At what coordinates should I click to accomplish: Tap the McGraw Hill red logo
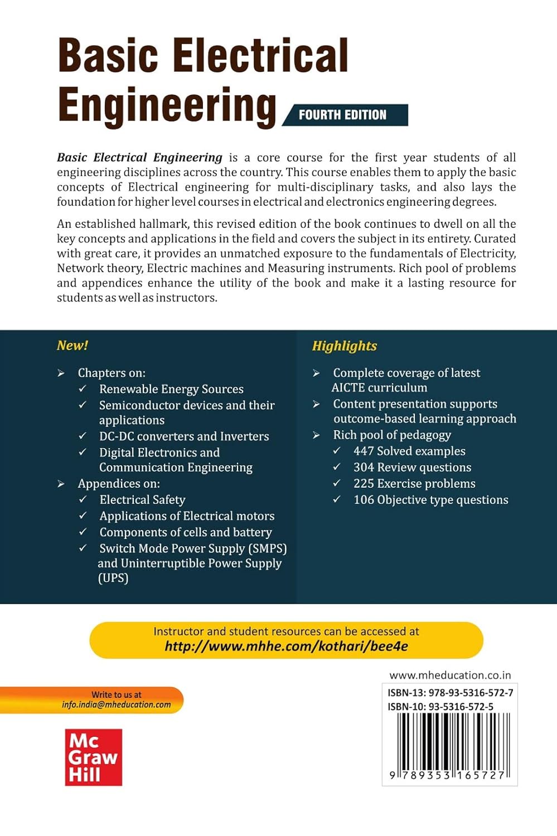(93, 757)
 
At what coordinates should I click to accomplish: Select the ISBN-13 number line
(450, 693)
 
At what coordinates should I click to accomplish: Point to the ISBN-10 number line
(440, 707)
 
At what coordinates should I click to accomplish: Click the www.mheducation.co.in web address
(450, 675)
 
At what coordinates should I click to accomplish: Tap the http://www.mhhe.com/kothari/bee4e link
(286, 647)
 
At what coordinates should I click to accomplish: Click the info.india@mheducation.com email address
(117, 705)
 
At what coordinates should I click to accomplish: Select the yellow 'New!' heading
(72, 346)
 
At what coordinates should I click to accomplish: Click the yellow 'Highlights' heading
(345, 346)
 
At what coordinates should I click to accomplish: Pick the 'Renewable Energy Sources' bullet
(171, 389)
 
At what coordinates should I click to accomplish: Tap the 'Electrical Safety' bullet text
(142, 500)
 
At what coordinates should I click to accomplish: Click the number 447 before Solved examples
(364, 451)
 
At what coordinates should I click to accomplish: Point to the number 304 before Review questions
(364, 468)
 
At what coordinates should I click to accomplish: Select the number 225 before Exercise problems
(364, 484)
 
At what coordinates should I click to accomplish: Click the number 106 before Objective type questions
(364, 500)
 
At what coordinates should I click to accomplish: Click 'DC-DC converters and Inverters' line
(184, 436)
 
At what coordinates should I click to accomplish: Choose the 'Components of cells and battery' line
(186, 532)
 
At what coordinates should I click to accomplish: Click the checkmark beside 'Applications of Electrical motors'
(83, 516)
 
